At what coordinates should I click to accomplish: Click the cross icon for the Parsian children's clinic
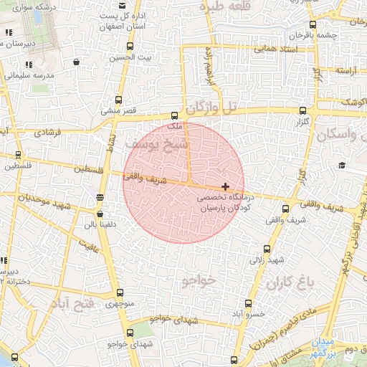coord(226,186)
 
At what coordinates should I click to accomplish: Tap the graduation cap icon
coord(342,166)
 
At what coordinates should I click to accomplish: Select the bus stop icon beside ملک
coord(174,115)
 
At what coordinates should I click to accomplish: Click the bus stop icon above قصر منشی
coord(118,100)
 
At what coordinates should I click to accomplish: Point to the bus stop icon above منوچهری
coord(119,292)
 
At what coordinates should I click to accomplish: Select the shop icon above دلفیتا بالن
coord(99,213)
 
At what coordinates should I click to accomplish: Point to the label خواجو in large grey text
coord(199,280)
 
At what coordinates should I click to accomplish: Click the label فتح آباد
coord(72,305)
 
